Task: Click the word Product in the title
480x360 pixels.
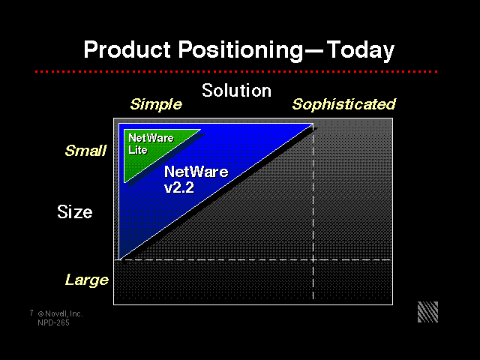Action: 127,49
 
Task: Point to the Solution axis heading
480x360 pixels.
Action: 237,91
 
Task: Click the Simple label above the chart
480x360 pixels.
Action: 156,105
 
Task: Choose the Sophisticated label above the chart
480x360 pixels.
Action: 343,104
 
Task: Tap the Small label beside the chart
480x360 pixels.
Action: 85,151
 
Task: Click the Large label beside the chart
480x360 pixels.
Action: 87,280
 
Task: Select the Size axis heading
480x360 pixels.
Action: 75,211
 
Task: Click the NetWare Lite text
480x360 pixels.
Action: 151,144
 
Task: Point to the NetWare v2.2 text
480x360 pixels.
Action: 196,179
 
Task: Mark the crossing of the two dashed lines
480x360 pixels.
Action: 313,260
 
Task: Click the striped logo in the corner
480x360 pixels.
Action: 427,312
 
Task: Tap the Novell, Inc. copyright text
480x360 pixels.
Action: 60,313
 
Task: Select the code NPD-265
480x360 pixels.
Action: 53,322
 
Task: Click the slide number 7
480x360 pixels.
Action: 31,313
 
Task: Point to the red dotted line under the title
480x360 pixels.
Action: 236,72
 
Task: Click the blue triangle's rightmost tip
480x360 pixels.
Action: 313,124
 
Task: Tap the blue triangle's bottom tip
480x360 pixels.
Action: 119,259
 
